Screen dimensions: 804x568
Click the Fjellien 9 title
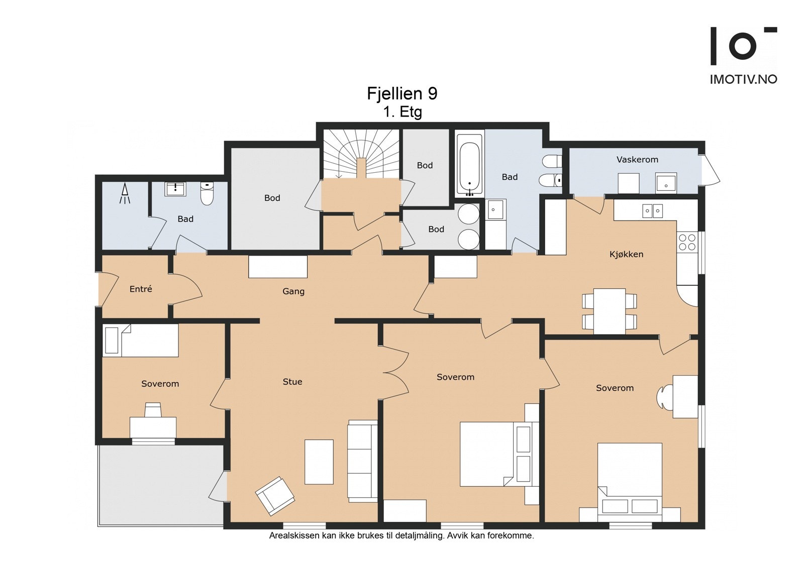point(402,93)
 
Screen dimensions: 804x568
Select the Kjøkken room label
point(626,255)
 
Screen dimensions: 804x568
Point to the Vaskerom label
point(638,159)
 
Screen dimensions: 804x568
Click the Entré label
point(141,289)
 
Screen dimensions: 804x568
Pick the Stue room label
point(292,382)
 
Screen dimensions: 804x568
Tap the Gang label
point(293,291)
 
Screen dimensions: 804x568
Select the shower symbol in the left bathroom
point(125,193)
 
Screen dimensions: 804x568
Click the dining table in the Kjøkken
point(610,311)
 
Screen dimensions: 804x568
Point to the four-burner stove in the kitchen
point(687,242)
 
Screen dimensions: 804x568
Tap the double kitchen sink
point(653,211)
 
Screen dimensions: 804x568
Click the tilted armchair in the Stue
point(275,496)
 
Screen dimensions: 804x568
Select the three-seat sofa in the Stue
point(362,461)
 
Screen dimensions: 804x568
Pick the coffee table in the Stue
point(319,462)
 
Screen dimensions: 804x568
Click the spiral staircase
point(362,154)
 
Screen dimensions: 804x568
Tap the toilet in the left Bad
point(207,193)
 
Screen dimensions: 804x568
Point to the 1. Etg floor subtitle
point(403,112)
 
